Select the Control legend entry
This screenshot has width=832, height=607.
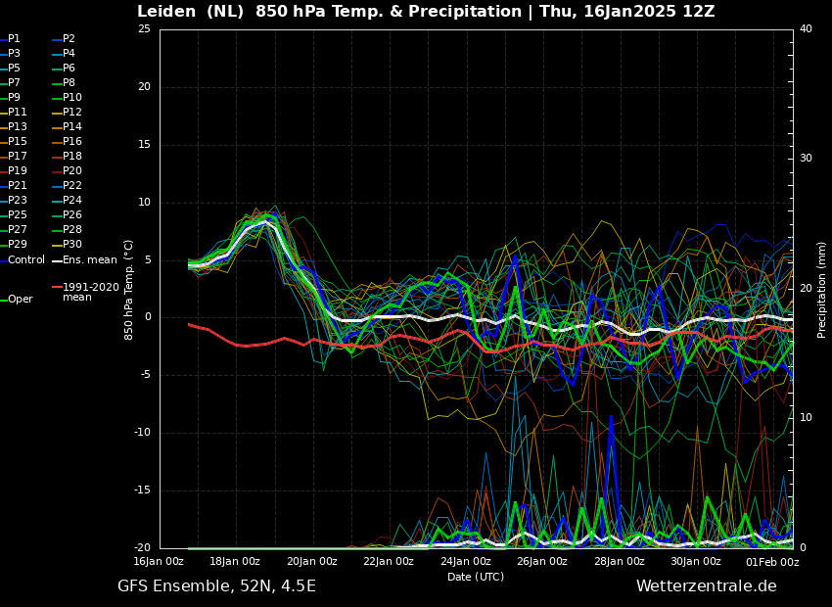(23, 260)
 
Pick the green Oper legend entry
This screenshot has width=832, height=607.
(17, 300)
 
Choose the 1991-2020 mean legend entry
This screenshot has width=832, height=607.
(85, 292)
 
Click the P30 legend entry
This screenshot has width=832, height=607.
(67, 244)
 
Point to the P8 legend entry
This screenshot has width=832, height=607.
(64, 83)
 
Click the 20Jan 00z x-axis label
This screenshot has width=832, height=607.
(311, 561)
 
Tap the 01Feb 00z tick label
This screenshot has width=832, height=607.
(772, 561)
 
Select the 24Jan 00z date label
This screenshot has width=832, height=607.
(465, 561)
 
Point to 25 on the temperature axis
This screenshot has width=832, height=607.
(144, 28)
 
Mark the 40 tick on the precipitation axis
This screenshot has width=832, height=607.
(806, 28)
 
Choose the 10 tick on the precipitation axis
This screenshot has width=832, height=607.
(806, 418)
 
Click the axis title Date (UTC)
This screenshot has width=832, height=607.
(476, 577)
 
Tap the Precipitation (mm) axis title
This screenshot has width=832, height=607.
(822, 289)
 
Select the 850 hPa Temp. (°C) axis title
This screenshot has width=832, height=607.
(128, 290)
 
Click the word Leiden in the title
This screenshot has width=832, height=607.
(166, 11)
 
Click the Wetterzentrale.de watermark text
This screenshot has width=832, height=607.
(707, 586)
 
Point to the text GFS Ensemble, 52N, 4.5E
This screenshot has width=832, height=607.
(216, 586)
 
